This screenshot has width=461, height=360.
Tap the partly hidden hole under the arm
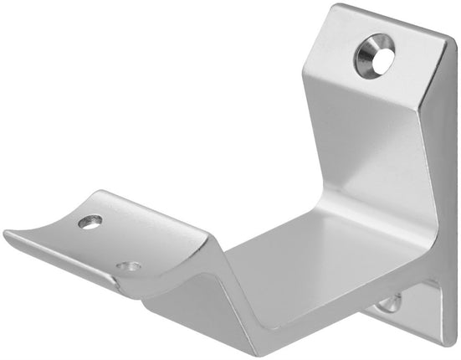[388, 302]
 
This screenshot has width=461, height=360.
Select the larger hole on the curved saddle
[90, 222]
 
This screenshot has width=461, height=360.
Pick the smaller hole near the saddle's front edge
[128, 267]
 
